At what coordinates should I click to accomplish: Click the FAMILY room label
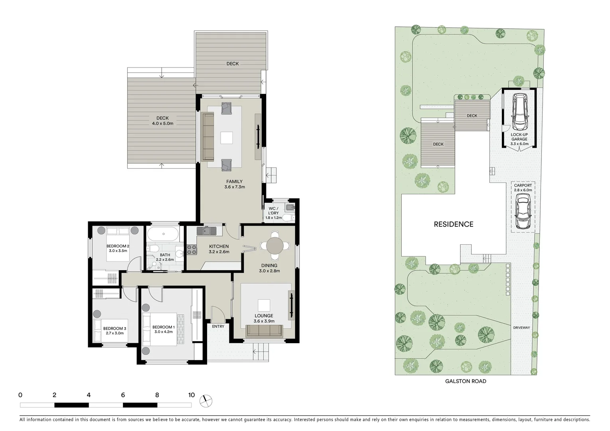(234, 182)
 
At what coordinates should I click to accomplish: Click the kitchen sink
(206, 230)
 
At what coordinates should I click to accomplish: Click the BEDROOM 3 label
(114, 328)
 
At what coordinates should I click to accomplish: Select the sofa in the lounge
(264, 331)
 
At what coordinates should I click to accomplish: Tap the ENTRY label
(218, 326)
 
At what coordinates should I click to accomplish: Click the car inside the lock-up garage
(519, 112)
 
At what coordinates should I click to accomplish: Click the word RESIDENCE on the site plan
(454, 224)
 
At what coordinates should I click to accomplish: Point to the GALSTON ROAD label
(466, 381)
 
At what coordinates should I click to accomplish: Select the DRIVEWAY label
(521, 328)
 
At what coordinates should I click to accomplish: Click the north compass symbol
(207, 400)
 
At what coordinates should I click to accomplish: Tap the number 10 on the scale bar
(191, 395)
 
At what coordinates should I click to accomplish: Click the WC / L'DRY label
(273, 211)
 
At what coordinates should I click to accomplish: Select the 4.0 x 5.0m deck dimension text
(162, 124)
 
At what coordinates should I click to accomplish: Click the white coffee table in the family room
(227, 138)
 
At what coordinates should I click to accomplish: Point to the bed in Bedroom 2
(117, 243)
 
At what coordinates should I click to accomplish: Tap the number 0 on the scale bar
(20, 395)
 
